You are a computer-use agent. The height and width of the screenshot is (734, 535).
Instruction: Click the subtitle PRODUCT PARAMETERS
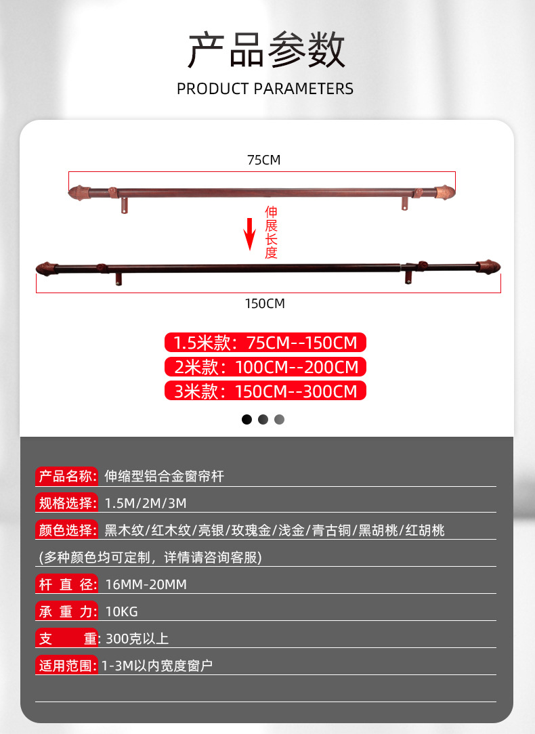point(265,89)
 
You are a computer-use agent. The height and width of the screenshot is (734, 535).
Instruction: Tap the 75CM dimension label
point(263,160)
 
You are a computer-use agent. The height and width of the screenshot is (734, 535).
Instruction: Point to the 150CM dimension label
point(265,303)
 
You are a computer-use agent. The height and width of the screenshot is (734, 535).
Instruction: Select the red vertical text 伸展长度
point(271,232)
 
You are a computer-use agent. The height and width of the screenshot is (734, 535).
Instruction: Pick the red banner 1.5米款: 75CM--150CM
point(265,342)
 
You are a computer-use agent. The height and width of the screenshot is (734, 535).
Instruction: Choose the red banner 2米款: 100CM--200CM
point(265,367)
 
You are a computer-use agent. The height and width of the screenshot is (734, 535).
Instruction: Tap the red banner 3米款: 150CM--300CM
point(265,391)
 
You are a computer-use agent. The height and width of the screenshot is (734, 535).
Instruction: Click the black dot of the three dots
point(247,419)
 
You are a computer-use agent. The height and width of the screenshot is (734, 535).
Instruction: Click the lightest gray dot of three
point(280,419)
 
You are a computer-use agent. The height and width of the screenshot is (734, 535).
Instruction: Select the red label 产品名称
point(66,476)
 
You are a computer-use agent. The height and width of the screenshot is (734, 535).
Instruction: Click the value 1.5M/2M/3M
point(146,503)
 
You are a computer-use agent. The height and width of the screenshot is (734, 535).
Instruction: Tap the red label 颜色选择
point(66,530)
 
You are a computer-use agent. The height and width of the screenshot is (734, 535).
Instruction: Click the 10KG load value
point(122,611)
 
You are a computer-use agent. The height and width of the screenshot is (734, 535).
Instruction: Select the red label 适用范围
point(66,666)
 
